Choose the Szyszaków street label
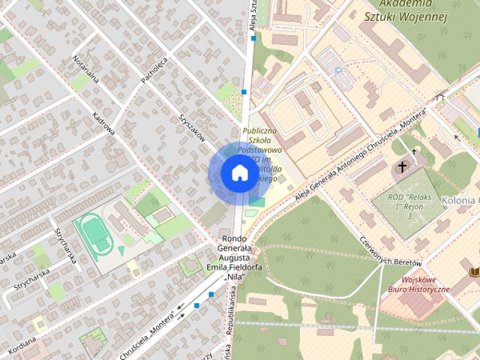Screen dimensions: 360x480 click(x=192, y=128)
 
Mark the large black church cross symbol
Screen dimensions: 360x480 click(x=403, y=166)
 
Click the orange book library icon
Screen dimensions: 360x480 click(x=473, y=271)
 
